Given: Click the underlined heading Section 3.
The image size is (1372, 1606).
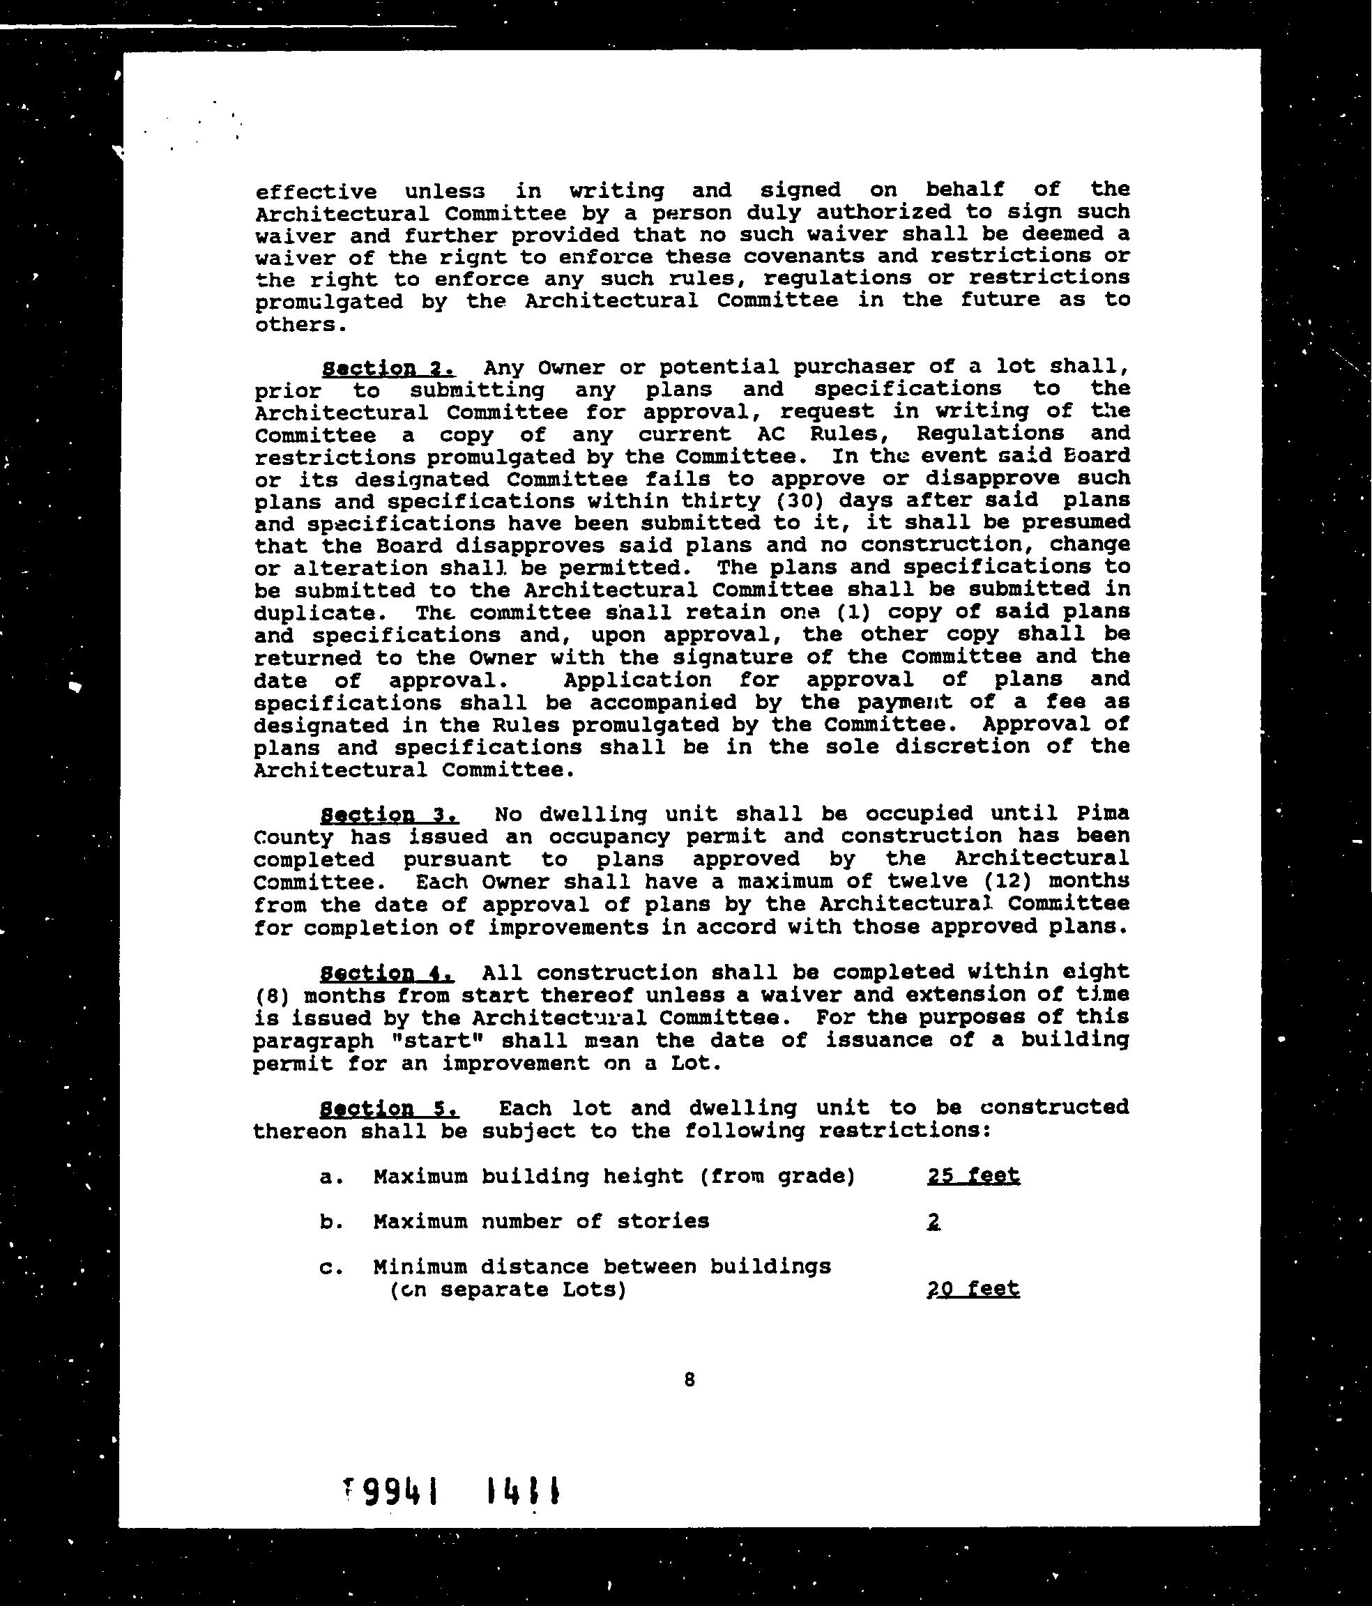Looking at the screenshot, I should (389, 816).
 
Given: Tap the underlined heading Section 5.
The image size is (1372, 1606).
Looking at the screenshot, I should (389, 1109).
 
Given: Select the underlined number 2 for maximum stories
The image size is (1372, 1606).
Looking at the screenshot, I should (933, 1223).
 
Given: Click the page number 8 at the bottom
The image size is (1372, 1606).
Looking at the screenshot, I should (689, 1379).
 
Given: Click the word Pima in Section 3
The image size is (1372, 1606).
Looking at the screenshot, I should (1102, 814).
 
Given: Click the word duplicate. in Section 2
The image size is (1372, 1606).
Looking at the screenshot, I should (314, 613).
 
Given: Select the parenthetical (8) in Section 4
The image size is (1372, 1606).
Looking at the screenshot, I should (266, 995).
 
